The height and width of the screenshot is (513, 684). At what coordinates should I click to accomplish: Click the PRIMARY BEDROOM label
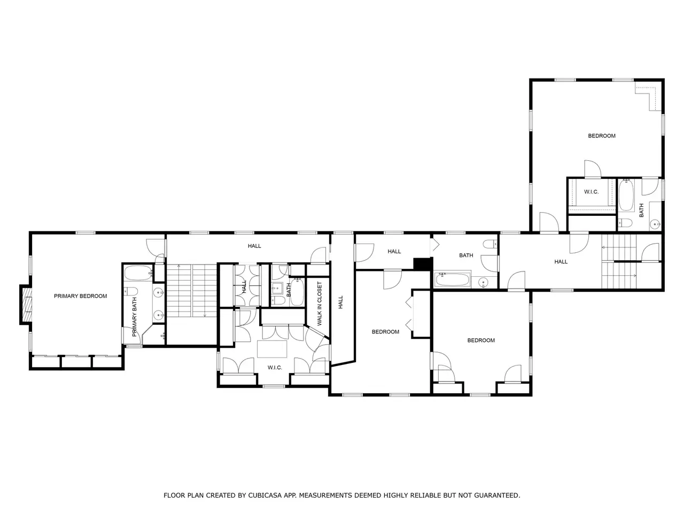click(x=80, y=296)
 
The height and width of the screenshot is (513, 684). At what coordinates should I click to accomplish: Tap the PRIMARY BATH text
click(x=135, y=317)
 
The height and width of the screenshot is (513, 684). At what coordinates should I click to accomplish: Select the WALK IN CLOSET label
click(x=320, y=304)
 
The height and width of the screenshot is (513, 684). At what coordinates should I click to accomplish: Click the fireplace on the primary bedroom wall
click(x=26, y=305)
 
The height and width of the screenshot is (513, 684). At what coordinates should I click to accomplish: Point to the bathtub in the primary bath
click(x=138, y=273)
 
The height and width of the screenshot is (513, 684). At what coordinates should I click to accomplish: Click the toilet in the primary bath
click(x=131, y=291)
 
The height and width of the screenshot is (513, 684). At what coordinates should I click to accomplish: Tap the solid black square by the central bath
click(x=422, y=264)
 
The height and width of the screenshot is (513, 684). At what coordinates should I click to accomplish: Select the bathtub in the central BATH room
click(x=453, y=279)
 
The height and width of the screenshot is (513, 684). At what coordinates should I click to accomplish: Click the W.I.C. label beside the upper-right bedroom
click(x=591, y=192)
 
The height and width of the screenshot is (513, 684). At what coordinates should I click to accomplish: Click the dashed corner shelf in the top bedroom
click(x=648, y=97)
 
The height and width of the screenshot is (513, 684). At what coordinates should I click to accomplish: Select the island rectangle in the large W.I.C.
click(x=272, y=349)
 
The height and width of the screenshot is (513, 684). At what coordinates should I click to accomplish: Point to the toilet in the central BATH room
click(x=491, y=244)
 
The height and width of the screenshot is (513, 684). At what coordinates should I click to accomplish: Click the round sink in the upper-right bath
click(x=656, y=224)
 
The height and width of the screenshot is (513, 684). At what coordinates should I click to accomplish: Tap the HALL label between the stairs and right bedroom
click(x=561, y=262)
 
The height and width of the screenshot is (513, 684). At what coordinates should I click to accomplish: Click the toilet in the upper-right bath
click(x=625, y=223)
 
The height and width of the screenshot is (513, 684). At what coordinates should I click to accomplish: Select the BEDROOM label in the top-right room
click(x=601, y=136)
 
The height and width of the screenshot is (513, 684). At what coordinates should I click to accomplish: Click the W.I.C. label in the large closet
click(x=275, y=368)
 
